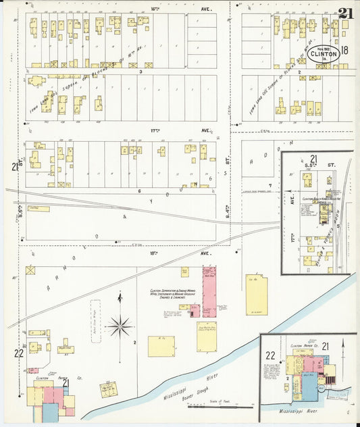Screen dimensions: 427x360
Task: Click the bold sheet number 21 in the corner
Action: [346, 13]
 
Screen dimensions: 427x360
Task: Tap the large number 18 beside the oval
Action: [345, 51]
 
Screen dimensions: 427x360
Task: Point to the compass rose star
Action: [120, 326]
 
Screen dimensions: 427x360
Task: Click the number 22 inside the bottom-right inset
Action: [270, 355]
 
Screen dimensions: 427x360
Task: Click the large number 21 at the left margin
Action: [14, 167]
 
